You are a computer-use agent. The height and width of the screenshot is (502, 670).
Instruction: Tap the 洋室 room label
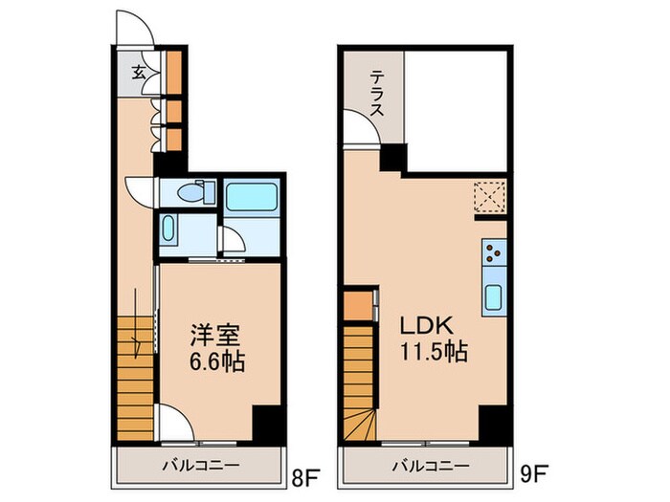click(x=213, y=336)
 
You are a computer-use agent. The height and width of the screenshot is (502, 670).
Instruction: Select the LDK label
click(x=420, y=324)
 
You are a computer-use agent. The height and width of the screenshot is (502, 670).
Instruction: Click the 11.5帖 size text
click(x=432, y=352)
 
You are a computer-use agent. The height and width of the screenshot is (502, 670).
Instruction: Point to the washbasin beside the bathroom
click(x=168, y=231)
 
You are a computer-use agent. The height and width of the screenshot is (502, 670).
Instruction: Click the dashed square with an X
click(x=490, y=196)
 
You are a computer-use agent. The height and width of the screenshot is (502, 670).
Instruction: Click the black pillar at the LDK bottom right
click(x=492, y=421)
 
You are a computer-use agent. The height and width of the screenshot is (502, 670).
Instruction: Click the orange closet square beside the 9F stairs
click(x=355, y=306)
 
